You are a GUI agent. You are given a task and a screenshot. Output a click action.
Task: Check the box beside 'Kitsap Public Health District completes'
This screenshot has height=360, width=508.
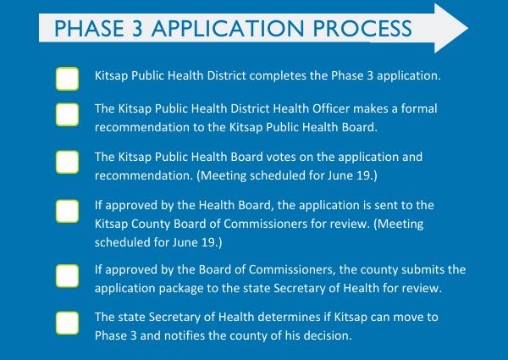68,79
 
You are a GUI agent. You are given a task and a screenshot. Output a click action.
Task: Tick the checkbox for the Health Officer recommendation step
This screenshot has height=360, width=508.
68,116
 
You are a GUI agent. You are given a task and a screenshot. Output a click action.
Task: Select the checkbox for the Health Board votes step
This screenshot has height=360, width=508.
68,162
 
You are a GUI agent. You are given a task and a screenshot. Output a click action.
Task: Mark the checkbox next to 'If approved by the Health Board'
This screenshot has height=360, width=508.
68,211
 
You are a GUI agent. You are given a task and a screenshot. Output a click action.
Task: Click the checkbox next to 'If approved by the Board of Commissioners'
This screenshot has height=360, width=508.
68,276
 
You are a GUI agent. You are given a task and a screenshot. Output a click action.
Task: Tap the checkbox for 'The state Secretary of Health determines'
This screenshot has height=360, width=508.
68,324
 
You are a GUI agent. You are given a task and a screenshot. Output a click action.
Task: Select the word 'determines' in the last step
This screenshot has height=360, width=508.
283,318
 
